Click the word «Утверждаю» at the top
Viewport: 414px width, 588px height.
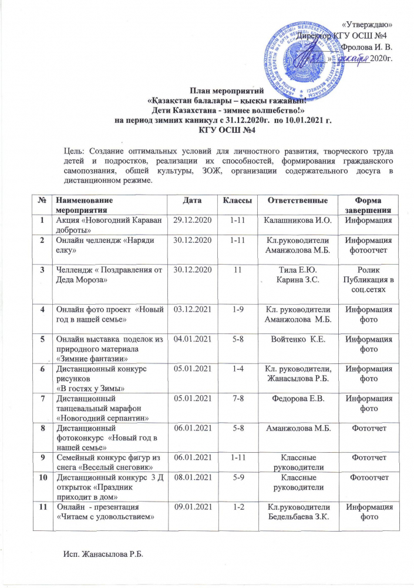click(367, 24)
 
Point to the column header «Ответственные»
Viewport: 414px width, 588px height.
click(292, 201)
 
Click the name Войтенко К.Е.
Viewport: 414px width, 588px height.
click(292, 339)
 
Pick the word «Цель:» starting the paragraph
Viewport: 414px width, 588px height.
click(75, 150)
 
